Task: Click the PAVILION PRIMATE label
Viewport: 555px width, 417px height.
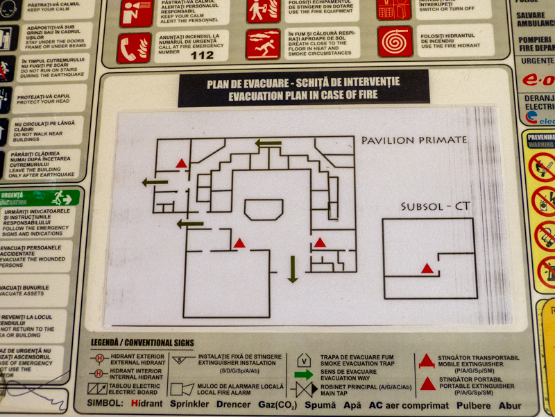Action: pos(414,140)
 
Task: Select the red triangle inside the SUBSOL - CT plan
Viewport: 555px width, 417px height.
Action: pos(427,268)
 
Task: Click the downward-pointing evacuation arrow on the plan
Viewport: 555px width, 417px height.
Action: pos(293,269)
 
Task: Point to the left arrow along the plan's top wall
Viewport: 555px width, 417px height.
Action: pos(268,144)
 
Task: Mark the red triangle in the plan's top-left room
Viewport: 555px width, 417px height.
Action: pos(181,163)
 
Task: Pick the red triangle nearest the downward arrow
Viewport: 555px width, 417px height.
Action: pos(320,243)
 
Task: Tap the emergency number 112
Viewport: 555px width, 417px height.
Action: pos(203,56)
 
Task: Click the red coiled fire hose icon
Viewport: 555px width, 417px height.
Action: pos(395,42)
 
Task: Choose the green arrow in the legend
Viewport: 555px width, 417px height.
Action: pos(304,375)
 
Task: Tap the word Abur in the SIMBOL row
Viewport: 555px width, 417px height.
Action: pos(510,404)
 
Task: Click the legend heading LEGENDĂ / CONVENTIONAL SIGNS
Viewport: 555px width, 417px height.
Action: pos(142,343)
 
